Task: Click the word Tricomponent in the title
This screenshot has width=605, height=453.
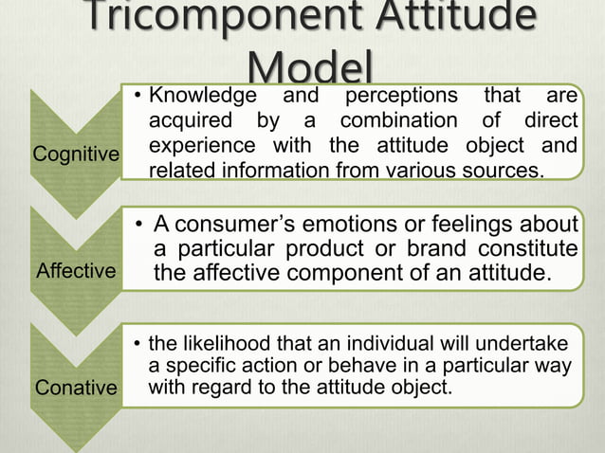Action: tap(208, 21)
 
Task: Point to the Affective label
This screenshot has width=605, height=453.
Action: tap(75, 272)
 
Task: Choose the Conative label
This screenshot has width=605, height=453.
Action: tap(76, 388)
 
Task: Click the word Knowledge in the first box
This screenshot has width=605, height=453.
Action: tap(203, 96)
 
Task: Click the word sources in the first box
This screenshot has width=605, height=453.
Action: tap(506, 172)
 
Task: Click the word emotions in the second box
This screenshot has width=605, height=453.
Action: tap(349, 225)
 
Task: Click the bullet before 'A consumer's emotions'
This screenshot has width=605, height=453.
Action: tap(138, 226)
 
